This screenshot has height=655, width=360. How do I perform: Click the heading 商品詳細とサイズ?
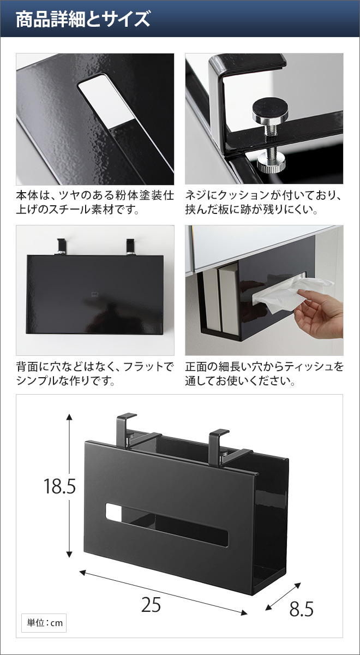(83, 19)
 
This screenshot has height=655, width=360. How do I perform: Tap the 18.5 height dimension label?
(59, 486)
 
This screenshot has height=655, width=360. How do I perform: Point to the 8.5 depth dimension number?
(301, 609)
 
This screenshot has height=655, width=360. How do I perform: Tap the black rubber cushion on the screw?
(271, 108)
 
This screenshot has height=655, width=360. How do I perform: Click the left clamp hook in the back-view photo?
(61, 246)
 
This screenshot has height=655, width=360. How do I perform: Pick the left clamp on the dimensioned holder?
(125, 431)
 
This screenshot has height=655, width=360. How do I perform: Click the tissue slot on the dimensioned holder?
(167, 525)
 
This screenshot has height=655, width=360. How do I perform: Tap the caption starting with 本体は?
(95, 202)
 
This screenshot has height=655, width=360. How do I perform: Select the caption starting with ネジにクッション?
(264, 202)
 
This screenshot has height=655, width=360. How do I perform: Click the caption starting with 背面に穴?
(95, 373)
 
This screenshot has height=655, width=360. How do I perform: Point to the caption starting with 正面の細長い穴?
(264, 373)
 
